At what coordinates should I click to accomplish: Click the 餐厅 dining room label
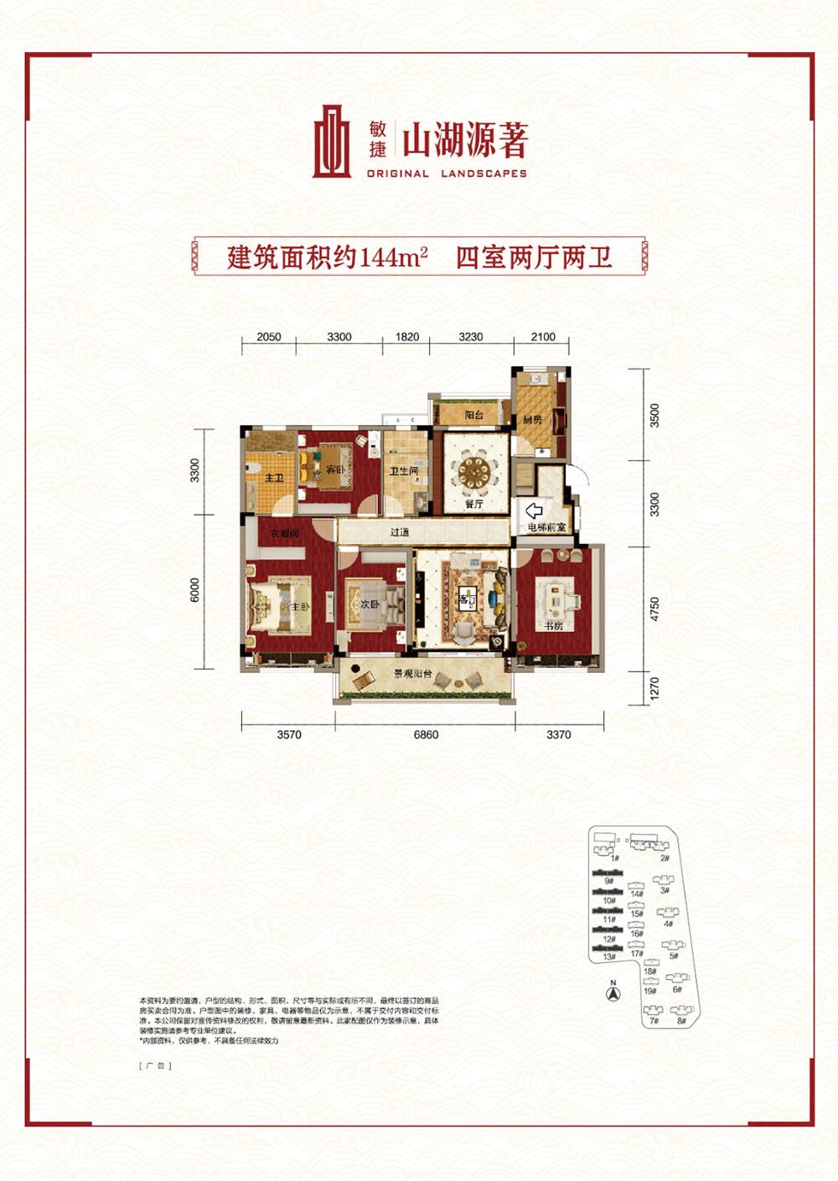[474, 505]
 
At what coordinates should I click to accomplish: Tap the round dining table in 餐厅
[474, 473]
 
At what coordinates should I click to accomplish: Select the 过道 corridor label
[400, 532]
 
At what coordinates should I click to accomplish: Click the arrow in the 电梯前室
[534, 510]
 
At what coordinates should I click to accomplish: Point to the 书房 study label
[553, 626]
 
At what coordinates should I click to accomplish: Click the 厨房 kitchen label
[533, 419]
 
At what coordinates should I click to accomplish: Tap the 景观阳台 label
[413, 674]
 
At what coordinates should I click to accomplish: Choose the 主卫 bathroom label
[274, 478]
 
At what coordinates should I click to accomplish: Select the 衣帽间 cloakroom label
[284, 533]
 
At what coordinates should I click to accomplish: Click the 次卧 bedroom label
[370, 604]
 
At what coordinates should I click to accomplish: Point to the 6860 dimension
[426, 735]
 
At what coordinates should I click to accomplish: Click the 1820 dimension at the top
[407, 337]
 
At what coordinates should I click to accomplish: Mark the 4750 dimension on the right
[654, 609]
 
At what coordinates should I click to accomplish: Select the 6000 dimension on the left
[195, 590]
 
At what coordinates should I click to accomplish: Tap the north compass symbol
[613, 993]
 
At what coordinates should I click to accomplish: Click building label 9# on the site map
[608, 882]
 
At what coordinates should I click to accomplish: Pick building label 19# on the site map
[649, 991]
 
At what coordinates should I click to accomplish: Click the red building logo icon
[332, 142]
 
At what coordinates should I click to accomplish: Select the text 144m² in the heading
[394, 256]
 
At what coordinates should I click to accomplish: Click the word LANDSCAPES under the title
[484, 174]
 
